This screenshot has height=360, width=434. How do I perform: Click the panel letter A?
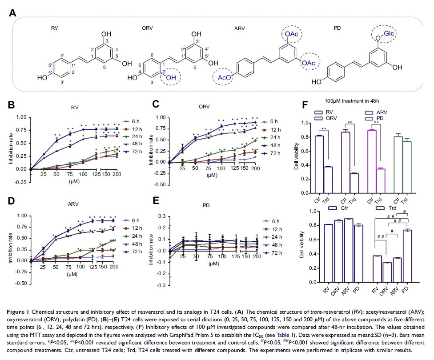(x=13, y=14)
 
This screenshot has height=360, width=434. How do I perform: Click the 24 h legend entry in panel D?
(x=133, y=236)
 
